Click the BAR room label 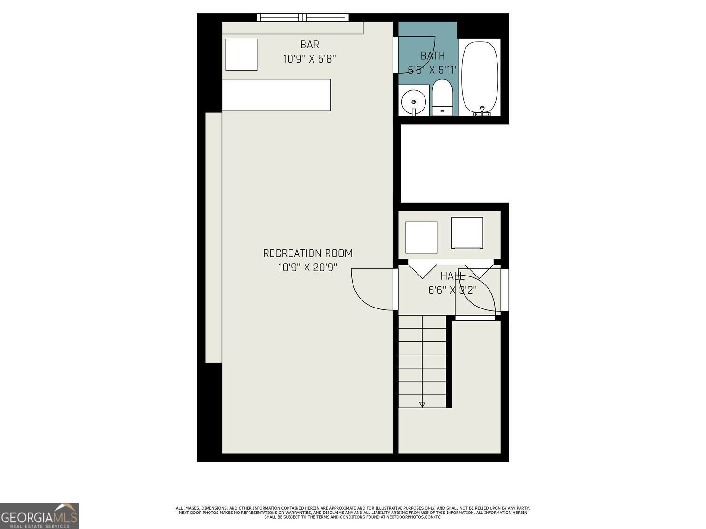point(309,45)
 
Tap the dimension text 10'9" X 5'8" point(309,59)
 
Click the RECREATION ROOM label point(307,253)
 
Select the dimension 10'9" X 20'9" point(307,268)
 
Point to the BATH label point(433,55)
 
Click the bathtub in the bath point(480,77)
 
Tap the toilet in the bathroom point(442,97)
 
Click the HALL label point(452,276)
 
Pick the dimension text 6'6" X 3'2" point(452,291)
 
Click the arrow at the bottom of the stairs point(422,404)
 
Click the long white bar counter point(276,95)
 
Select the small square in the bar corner point(241,55)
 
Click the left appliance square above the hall point(421,237)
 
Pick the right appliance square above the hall point(467,232)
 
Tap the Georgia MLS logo point(40,516)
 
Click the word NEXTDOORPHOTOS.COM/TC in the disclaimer point(410,517)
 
